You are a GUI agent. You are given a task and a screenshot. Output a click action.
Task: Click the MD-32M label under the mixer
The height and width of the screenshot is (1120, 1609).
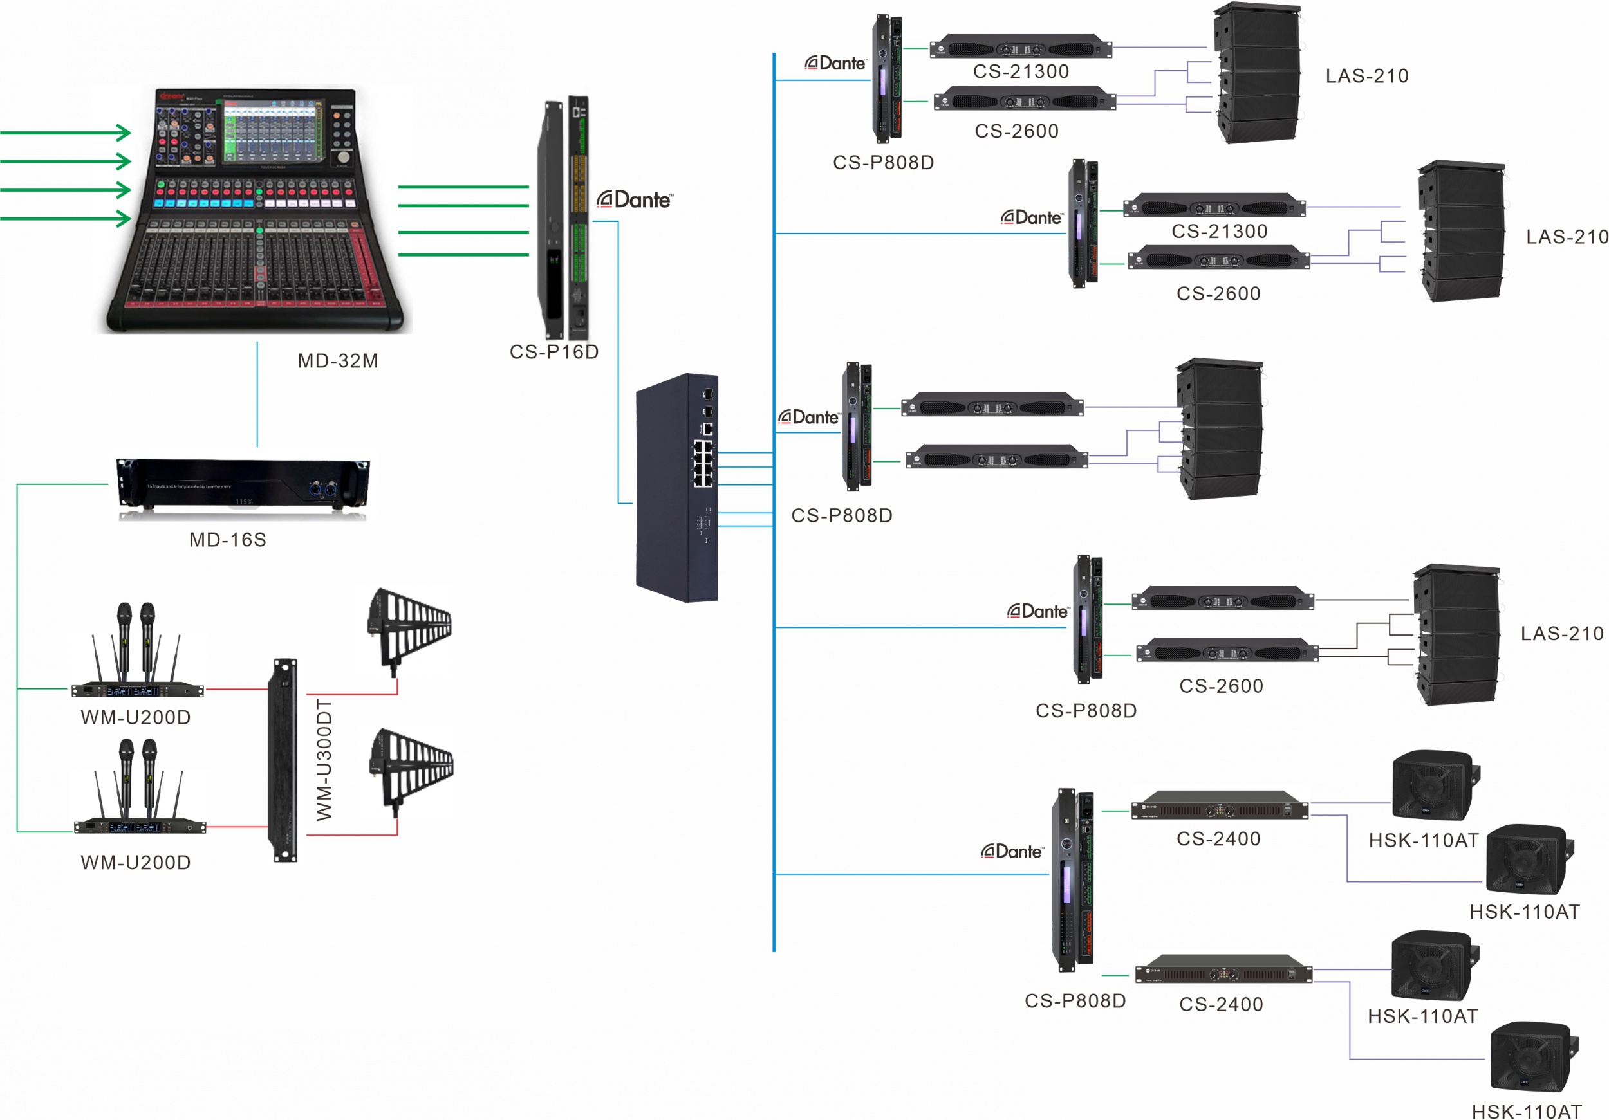pyautogui.click(x=338, y=361)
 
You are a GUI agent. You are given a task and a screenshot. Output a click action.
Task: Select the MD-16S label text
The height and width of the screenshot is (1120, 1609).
pyautogui.click(x=228, y=539)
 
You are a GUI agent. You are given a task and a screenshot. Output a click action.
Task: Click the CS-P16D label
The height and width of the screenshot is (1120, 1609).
pyautogui.click(x=553, y=352)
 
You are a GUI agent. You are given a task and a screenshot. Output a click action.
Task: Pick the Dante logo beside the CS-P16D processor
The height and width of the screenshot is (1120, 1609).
pyautogui.click(x=634, y=200)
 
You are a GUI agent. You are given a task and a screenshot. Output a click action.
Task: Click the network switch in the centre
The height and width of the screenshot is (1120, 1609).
pyautogui.click(x=677, y=488)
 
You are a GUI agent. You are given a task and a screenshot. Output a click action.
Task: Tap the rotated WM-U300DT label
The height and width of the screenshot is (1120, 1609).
pyautogui.click(x=324, y=759)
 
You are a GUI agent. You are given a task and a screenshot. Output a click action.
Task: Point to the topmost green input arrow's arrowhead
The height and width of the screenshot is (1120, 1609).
pyautogui.click(x=125, y=133)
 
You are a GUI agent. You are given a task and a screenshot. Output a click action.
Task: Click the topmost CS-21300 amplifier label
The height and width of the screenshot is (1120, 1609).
pyautogui.click(x=1021, y=71)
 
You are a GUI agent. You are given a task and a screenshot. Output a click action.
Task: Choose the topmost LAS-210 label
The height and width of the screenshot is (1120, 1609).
pyautogui.click(x=1366, y=76)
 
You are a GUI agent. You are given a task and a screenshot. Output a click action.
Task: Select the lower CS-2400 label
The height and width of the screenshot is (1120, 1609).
pyautogui.click(x=1221, y=1004)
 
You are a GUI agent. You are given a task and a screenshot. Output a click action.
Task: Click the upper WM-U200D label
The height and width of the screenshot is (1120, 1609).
pyautogui.click(x=135, y=717)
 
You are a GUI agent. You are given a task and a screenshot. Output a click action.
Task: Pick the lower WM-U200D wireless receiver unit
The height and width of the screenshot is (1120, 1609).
pyautogui.click(x=140, y=827)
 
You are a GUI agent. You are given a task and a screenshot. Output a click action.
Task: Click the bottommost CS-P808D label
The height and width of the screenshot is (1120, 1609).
pyautogui.click(x=1075, y=1000)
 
